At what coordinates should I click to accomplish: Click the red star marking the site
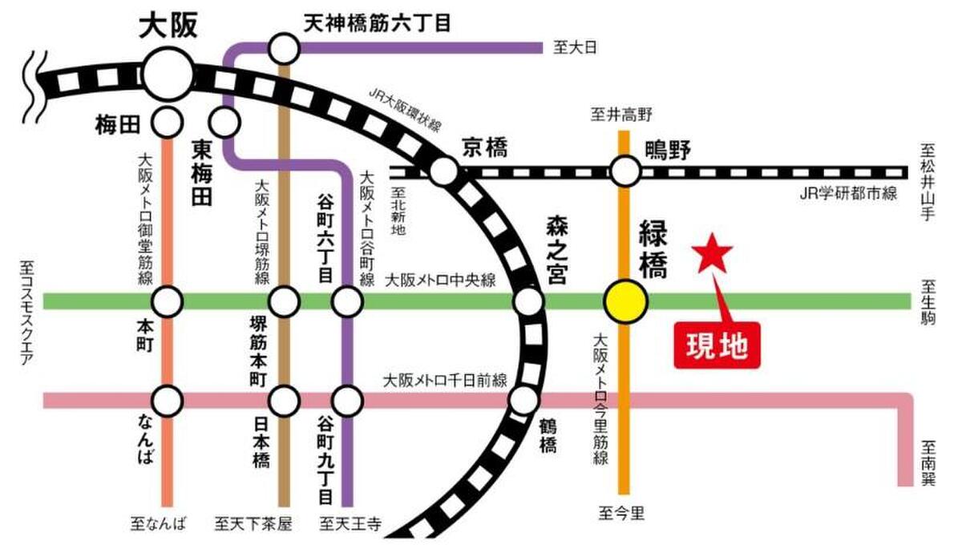point(712,254)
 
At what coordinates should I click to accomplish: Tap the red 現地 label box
point(717,345)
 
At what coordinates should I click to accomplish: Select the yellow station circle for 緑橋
point(625,302)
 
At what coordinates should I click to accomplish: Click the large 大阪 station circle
point(168,75)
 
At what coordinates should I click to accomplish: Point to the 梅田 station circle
point(168,123)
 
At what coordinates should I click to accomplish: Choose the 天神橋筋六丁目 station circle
point(284,49)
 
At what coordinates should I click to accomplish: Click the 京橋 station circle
point(444,172)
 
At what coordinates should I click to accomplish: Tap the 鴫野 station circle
point(625,172)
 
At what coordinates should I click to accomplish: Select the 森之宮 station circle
point(528,302)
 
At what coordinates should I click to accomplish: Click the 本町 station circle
point(168,302)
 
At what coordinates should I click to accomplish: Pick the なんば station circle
point(168,401)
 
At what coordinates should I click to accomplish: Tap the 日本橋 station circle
point(284,401)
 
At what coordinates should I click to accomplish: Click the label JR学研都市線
point(848,194)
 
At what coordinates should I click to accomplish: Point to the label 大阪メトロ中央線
point(441,281)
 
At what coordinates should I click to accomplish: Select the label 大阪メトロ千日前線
point(446,381)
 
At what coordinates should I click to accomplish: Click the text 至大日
point(575,47)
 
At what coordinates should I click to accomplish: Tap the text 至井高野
point(621,115)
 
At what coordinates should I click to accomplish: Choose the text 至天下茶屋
point(253,524)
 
